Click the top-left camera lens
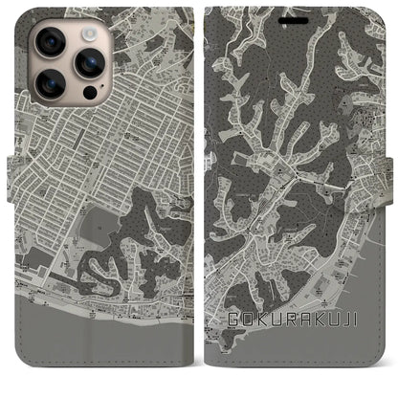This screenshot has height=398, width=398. tap(50, 45)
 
